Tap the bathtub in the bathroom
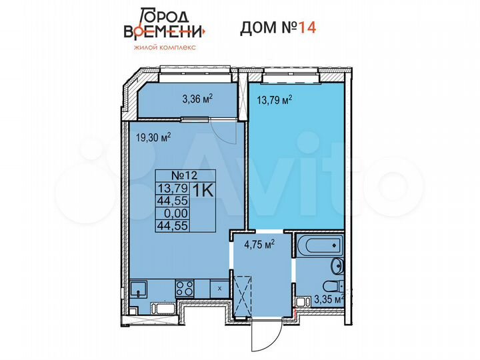click(319, 245)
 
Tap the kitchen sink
click(139, 289)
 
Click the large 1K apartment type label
click(203, 189)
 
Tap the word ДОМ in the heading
click(256, 28)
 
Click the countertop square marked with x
click(219, 288)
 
